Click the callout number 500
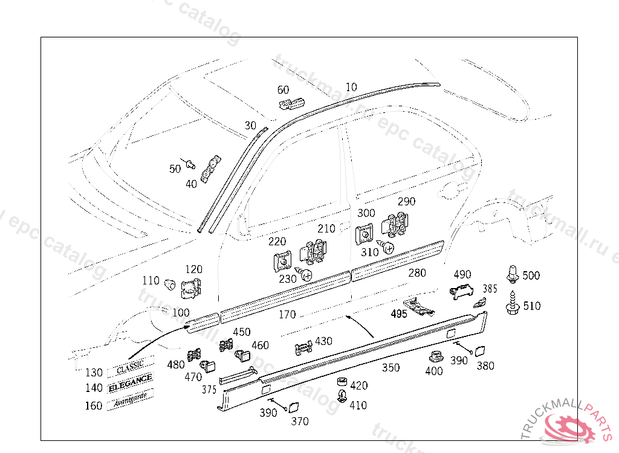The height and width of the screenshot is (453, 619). pyautogui.click(x=531, y=276)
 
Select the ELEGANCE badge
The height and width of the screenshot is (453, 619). pyautogui.click(x=130, y=380)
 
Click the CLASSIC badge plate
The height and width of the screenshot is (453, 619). pyautogui.click(x=130, y=365)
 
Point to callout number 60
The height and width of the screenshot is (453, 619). pyautogui.click(x=283, y=90)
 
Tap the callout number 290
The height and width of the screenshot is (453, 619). pyautogui.click(x=406, y=202)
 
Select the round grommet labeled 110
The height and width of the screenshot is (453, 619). pyautogui.click(x=169, y=282)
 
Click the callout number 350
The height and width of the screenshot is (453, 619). pyautogui.click(x=391, y=367)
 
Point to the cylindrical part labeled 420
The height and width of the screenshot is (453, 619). pyautogui.click(x=342, y=383)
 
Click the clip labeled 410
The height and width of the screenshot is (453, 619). pyautogui.click(x=342, y=397)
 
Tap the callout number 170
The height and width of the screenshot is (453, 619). pyautogui.click(x=287, y=315)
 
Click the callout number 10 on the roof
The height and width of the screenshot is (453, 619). pyautogui.click(x=351, y=88)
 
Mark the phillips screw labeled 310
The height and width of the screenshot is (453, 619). pyautogui.click(x=387, y=247)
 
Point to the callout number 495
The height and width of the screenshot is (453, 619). pyautogui.click(x=398, y=314)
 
